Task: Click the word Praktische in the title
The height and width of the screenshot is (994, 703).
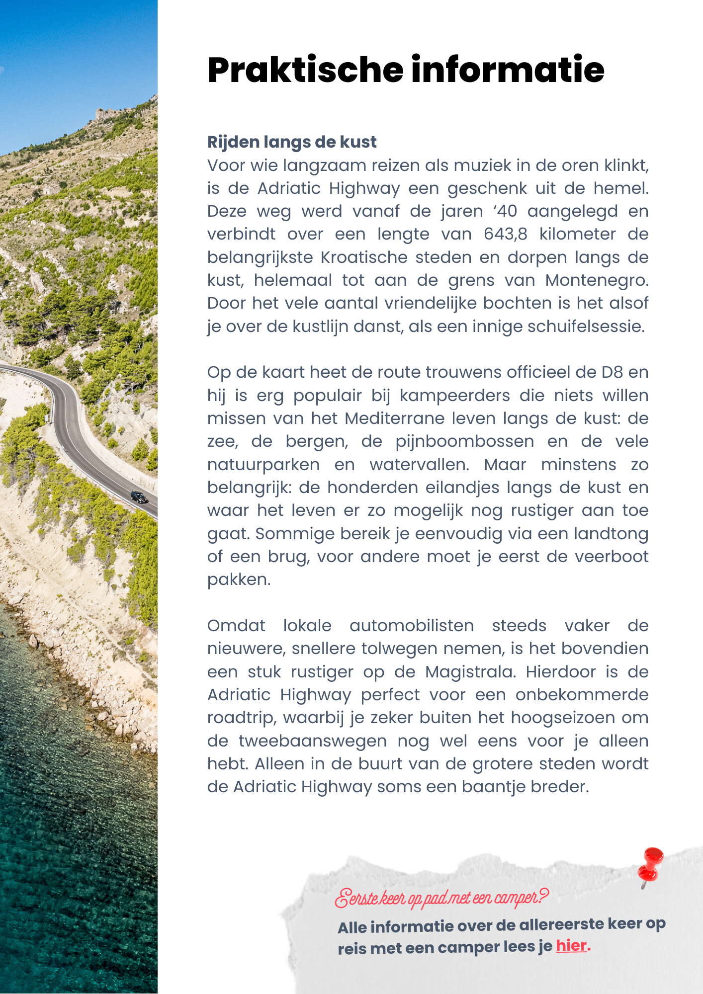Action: point(305,70)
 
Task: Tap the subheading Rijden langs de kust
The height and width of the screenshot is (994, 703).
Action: point(292,142)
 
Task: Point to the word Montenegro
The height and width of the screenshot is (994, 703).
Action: point(597,280)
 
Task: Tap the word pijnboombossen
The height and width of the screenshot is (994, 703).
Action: point(464,441)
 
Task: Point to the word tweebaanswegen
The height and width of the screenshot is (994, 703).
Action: point(313,741)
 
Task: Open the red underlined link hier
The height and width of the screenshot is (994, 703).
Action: point(571,945)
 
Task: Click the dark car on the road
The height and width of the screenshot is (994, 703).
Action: point(139,497)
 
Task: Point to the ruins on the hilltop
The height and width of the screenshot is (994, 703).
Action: point(107,114)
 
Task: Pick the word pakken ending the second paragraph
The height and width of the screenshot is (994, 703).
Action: point(238,580)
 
